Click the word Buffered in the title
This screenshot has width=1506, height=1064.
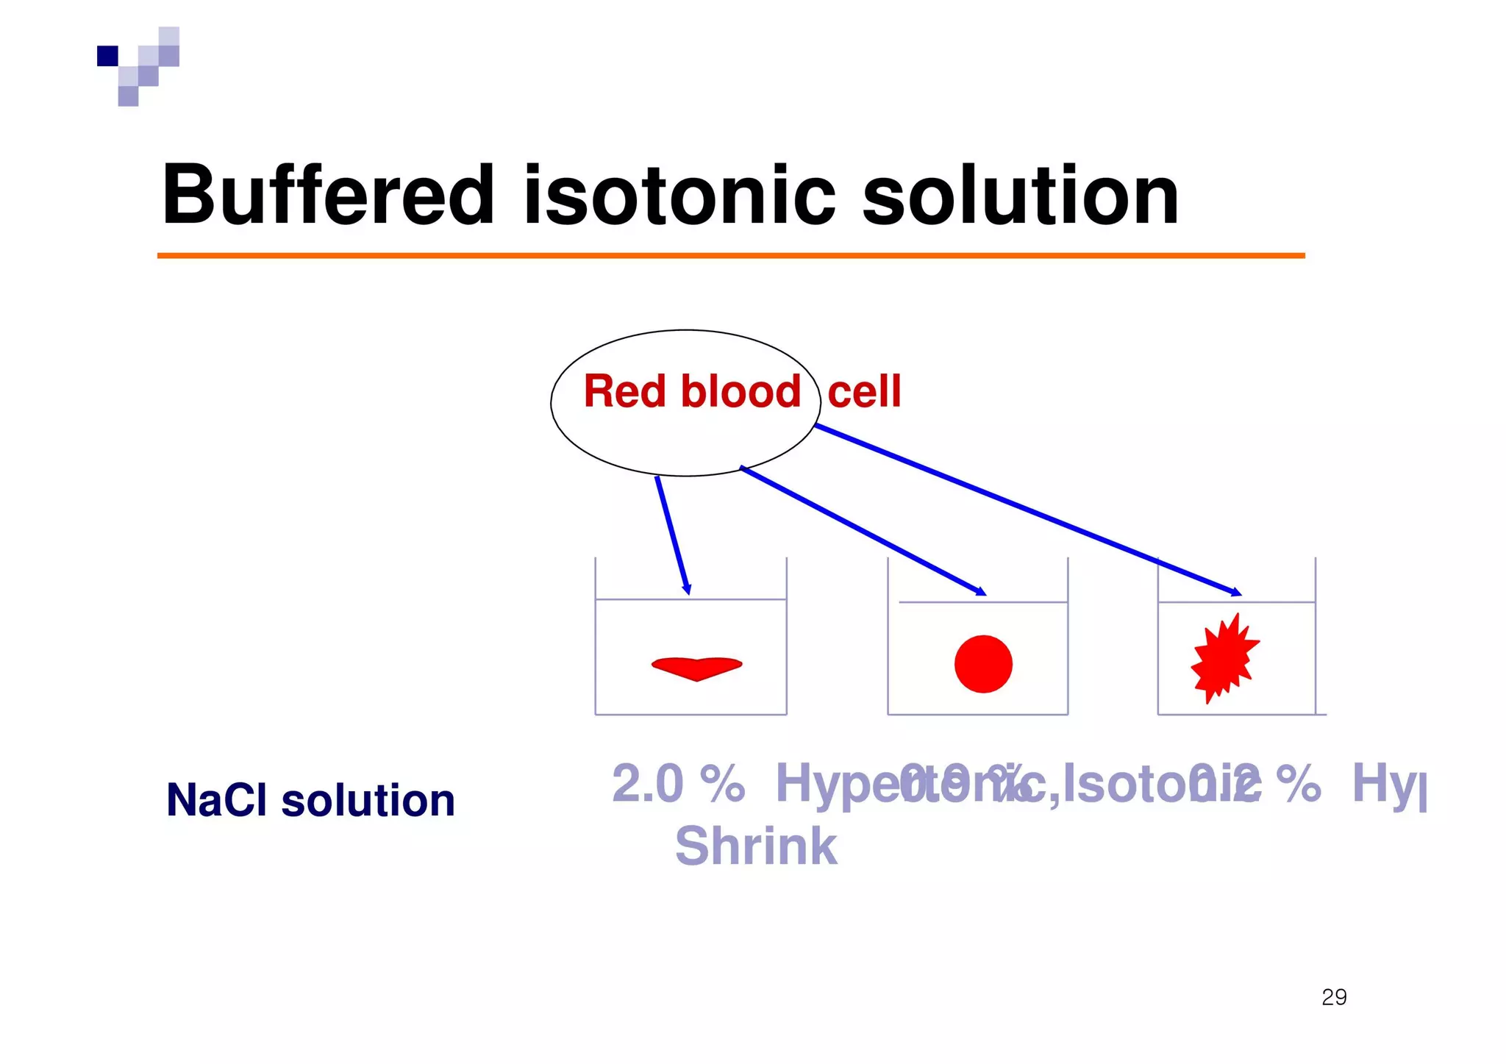coord(327,195)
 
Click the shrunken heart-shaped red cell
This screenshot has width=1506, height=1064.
coord(696,667)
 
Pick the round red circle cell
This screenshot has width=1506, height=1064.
coord(983,664)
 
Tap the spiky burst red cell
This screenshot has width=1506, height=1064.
coord(1224,657)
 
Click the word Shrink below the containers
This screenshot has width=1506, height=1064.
coord(755,847)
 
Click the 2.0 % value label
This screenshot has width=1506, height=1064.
coord(677,784)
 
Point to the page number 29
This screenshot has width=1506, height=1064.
coord(1333,997)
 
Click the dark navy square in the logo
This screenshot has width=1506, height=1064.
coord(107,56)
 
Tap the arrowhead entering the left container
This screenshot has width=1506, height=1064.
coord(687,589)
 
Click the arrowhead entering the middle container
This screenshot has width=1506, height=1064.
coord(980,591)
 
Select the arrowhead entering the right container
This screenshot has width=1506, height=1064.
coord(1236,592)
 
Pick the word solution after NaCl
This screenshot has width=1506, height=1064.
coord(368,800)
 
